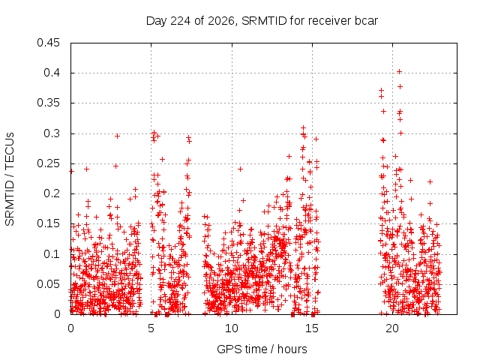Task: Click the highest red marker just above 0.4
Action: tap(399, 72)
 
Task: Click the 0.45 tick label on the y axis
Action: tap(48, 43)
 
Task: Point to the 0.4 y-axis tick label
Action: tap(52, 73)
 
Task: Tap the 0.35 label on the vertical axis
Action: tap(48, 103)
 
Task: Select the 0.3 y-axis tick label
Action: tap(52, 133)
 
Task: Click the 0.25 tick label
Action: tap(48, 163)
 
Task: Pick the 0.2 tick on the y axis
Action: tap(52, 193)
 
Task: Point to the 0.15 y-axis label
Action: tap(48, 223)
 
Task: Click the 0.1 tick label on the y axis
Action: tap(52, 254)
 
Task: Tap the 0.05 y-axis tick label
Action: tap(48, 284)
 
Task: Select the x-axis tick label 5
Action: tap(151, 328)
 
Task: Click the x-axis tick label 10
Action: tap(232, 328)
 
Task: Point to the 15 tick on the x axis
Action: tap(312, 328)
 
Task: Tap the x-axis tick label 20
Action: tap(392, 328)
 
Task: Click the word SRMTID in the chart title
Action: tap(264, 21)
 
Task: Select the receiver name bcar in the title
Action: tap(366, 21)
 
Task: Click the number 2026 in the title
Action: tap(221, 21)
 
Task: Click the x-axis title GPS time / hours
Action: tap(262, 349)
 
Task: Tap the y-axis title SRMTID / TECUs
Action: tap(10, 179)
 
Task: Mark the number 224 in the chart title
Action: tap(180, 21)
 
